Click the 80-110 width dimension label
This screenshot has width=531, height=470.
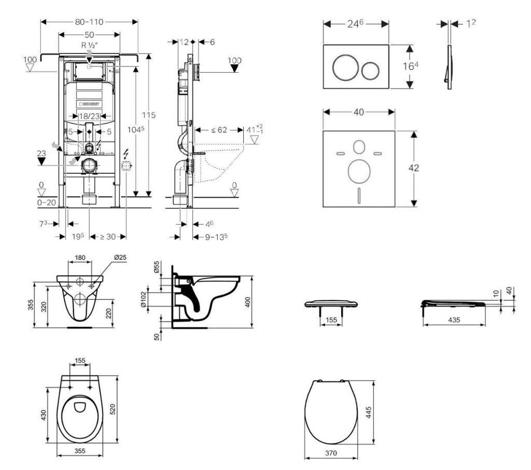pyautogui.click(x=90, y=22)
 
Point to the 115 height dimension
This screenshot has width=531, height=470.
pyautogui.click(x=150, y=115)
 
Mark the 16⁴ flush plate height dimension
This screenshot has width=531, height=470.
pyautogui.click(x=409, y=67)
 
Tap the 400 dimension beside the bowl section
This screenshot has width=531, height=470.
pyautogui.click(x=248, y=302)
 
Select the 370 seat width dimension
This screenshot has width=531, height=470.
pyautogui.click(x=332, y=453)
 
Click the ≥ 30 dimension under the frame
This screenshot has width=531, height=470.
pyautogui.click(x=107, y=237)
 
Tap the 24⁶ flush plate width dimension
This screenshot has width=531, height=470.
pyautogui.click(x=356, y=23)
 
